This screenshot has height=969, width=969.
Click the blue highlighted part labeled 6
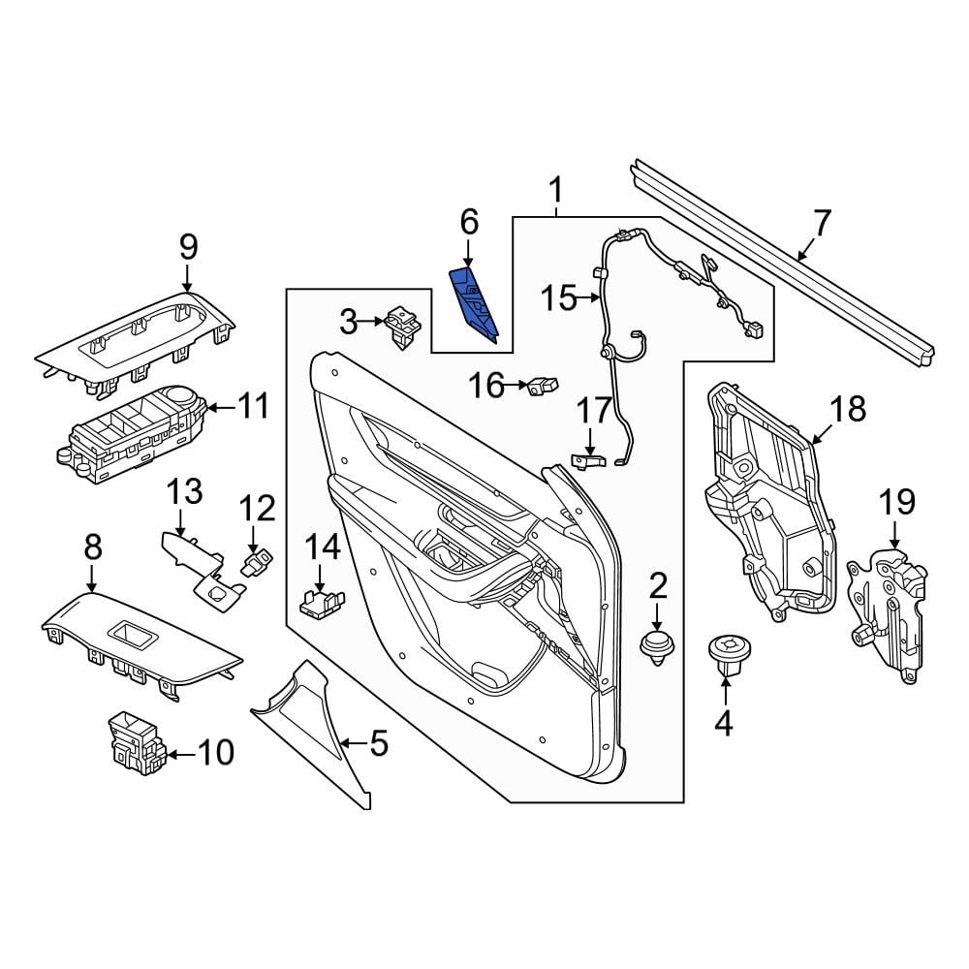click(475, 302)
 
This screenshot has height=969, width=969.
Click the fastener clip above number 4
click(729, 654)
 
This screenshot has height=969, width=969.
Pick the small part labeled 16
click(543, 387)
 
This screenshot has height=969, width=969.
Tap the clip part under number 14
click(322, 603)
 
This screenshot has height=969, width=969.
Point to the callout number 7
click(822, 224)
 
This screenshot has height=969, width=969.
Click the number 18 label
click(847, 409)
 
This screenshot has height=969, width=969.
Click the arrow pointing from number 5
click(354, 742)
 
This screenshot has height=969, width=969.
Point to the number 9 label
click(189, 247)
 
